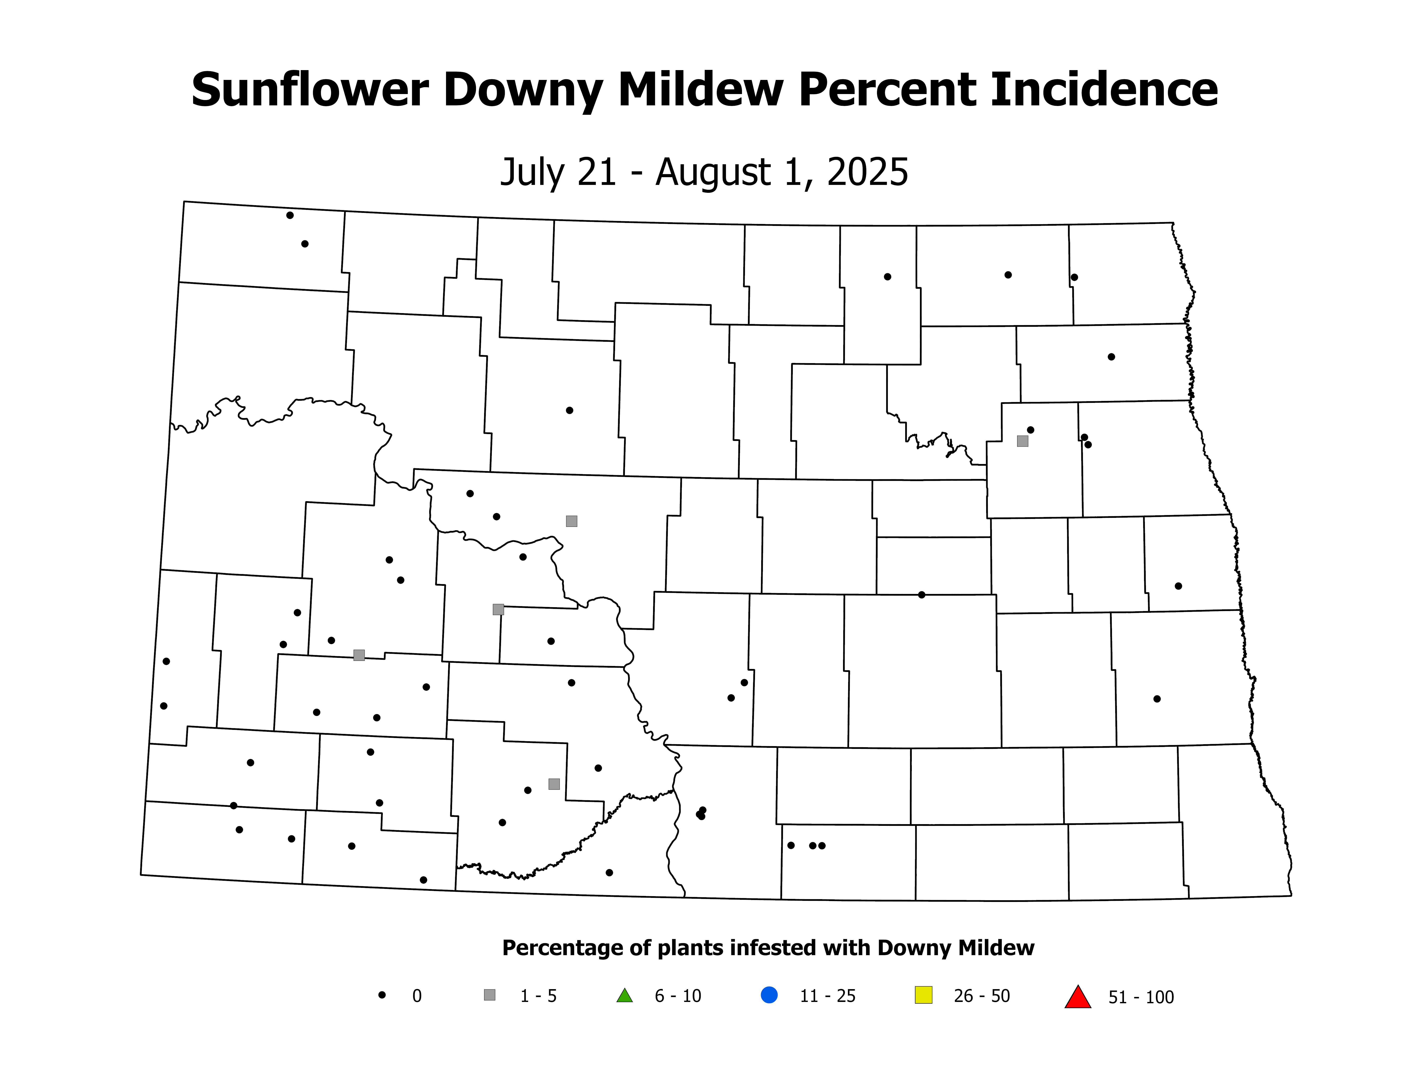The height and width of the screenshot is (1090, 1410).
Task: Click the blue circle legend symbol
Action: [769, 995]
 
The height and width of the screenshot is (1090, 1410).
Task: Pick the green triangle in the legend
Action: [624, 996]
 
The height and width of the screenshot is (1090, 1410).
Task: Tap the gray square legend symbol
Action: [489, 995]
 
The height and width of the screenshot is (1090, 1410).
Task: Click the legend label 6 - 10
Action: [678, 996]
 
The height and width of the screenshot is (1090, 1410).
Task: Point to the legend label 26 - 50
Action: [981, 996]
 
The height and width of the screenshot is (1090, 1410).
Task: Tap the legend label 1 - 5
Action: [538, 996]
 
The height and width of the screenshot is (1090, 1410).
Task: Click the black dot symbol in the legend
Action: [382, 995]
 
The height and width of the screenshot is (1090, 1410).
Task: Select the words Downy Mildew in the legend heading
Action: [956, 948]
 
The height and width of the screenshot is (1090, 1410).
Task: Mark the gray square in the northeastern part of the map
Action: [1022, 441]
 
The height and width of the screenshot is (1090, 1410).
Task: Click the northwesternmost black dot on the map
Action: [290, 215]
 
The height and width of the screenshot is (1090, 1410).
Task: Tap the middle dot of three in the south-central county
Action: [812, 845]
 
